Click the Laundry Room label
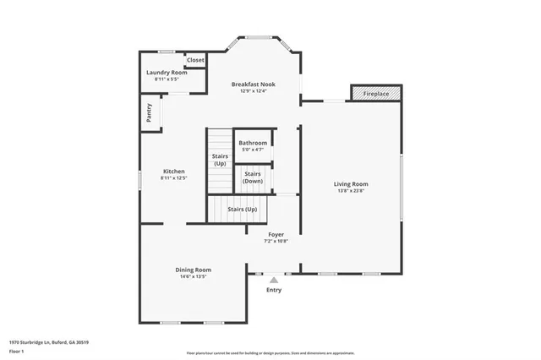[x=167, y=73]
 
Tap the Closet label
[x=195, y=60]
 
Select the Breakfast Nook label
[x=254, y=85]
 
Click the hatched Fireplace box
[x=376, y=93]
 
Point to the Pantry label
[x=149, y=113]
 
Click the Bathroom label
[x=253, y=144]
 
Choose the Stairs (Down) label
[x=253, y=177]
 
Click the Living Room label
[x=351, y=183]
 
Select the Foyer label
[x=276, y=234]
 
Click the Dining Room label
[x=193, y=270]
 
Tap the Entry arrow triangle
[x=274, y=280]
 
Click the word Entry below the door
[x=274, y=290]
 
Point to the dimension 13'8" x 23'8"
[x=351, y=191]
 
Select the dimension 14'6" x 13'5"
[x=193, y=276]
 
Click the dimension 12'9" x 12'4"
[x=254, y=91]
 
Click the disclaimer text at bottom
[x=270, y=353]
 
